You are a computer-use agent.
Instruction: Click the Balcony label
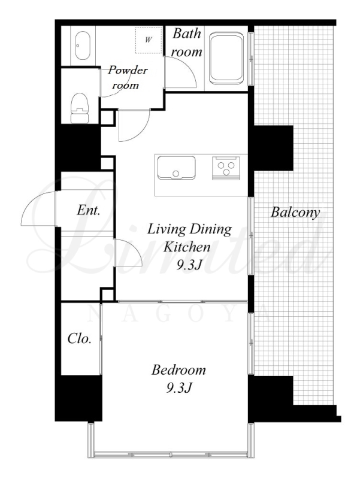(x=295, y=213)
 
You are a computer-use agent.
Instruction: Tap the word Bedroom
(x=179, y=370)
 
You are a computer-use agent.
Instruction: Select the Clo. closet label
(x=80, y=338)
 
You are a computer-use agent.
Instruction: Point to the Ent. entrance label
(x=89, y=210)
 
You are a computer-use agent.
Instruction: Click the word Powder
(x=128, y=70)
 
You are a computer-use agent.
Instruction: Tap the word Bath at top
(x=187, y=34)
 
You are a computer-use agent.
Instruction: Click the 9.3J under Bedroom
(x=179, y=388)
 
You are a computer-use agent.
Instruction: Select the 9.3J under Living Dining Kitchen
(x=189, y=265)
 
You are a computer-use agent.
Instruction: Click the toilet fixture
(x=80, y=108)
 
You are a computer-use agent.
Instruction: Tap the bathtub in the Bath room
(x=226, y=59)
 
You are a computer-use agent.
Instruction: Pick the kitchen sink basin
(x=176, y=168)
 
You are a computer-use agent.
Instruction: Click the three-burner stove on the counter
(x=226, y=168)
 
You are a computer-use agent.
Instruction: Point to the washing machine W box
(x=149, y=40)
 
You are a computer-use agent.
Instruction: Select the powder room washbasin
(x=83, y=46)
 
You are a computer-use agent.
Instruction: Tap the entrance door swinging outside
(x=39, y=208)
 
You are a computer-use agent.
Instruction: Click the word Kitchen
(x=187, y=247)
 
